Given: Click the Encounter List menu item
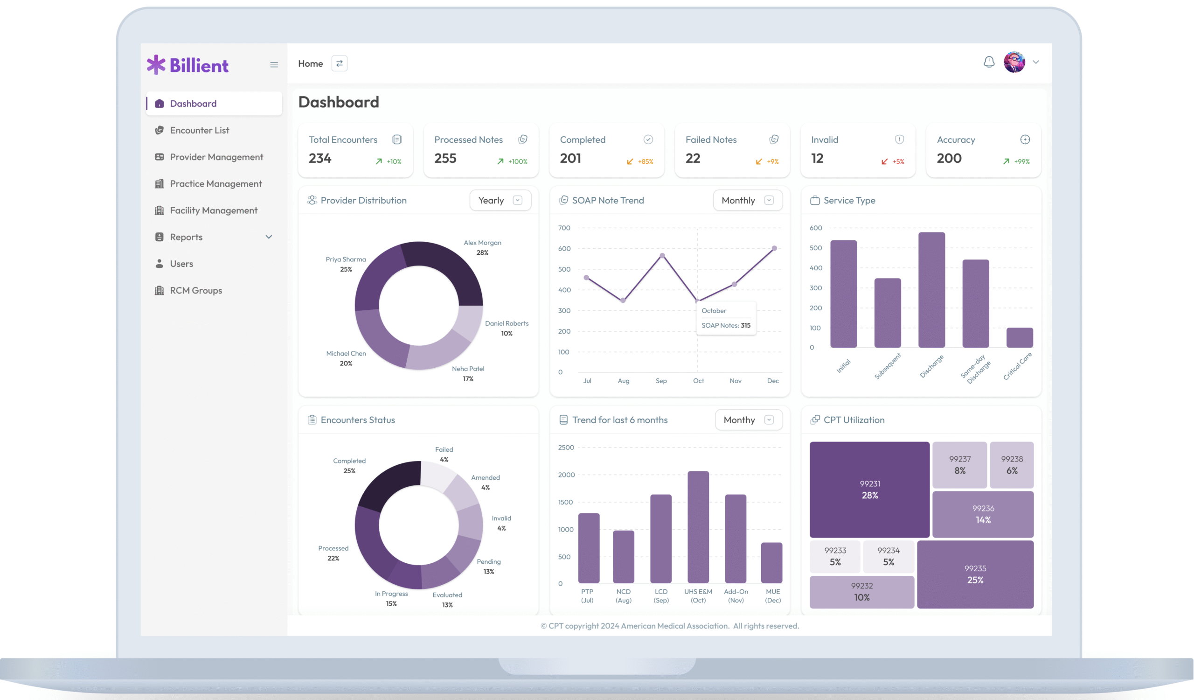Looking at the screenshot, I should pos(199,130).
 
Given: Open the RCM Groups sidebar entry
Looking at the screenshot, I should pos(196,291).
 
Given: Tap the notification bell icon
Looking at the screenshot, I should pos(989,62).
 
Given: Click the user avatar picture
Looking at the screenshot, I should pos(1014,62).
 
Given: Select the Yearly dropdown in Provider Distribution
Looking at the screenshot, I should pos(500,201).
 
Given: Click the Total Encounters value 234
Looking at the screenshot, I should pos(320,158).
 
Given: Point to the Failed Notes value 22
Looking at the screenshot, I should pos(693,158).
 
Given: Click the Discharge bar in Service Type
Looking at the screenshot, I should pos(931,290).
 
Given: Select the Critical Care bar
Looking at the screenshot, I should pos(1019,337).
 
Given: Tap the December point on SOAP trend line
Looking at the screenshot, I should pos(774,248).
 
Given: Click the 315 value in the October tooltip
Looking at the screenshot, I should pos(745,326).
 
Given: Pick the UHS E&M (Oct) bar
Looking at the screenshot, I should pos(698,527).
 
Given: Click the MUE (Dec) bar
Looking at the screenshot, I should pos(771,563).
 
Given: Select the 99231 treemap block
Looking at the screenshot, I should pos(869,490).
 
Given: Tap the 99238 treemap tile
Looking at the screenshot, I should pos(1012,465).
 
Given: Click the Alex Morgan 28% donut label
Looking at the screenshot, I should pos(482,247).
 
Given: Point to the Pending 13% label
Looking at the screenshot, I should pos(488,567).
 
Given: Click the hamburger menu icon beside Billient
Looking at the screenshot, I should pos(274,65).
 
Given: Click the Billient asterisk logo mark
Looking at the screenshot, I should pos(156,65).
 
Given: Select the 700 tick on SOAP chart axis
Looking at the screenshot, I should pos(564,228).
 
